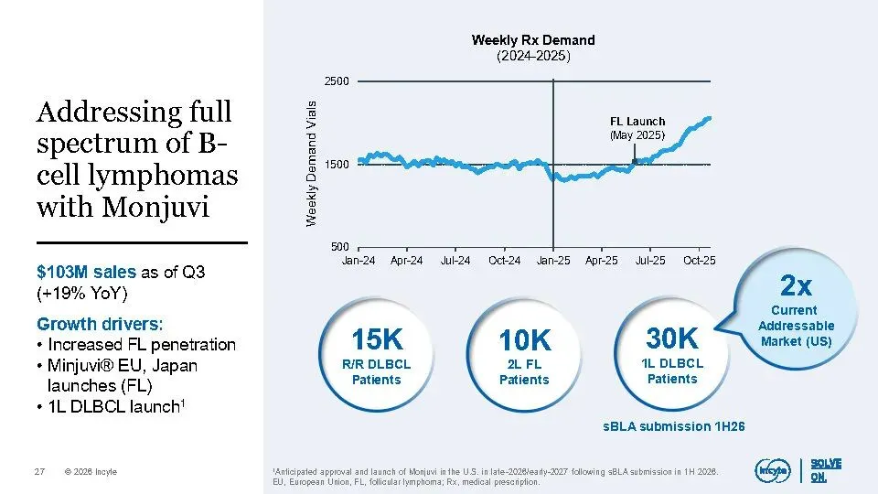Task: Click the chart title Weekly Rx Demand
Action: click(532, 40)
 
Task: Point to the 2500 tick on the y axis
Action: click(337, 81)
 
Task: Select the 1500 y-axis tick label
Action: click(337, 165)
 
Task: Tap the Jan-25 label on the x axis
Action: click(552, 261)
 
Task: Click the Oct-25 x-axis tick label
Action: click(700, 261)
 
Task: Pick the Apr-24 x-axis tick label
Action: click(406, 261)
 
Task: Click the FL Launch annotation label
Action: click(637, 122)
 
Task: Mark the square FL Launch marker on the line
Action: click(634, 162)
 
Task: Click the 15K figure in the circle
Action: click(376, 339)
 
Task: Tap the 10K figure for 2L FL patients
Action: click(524, 341)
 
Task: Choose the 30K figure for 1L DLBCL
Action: click(672, 338)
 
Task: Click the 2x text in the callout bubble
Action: click(797, 287)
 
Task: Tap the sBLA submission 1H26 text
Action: click(673, 426)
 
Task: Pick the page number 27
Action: click(39, 472)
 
